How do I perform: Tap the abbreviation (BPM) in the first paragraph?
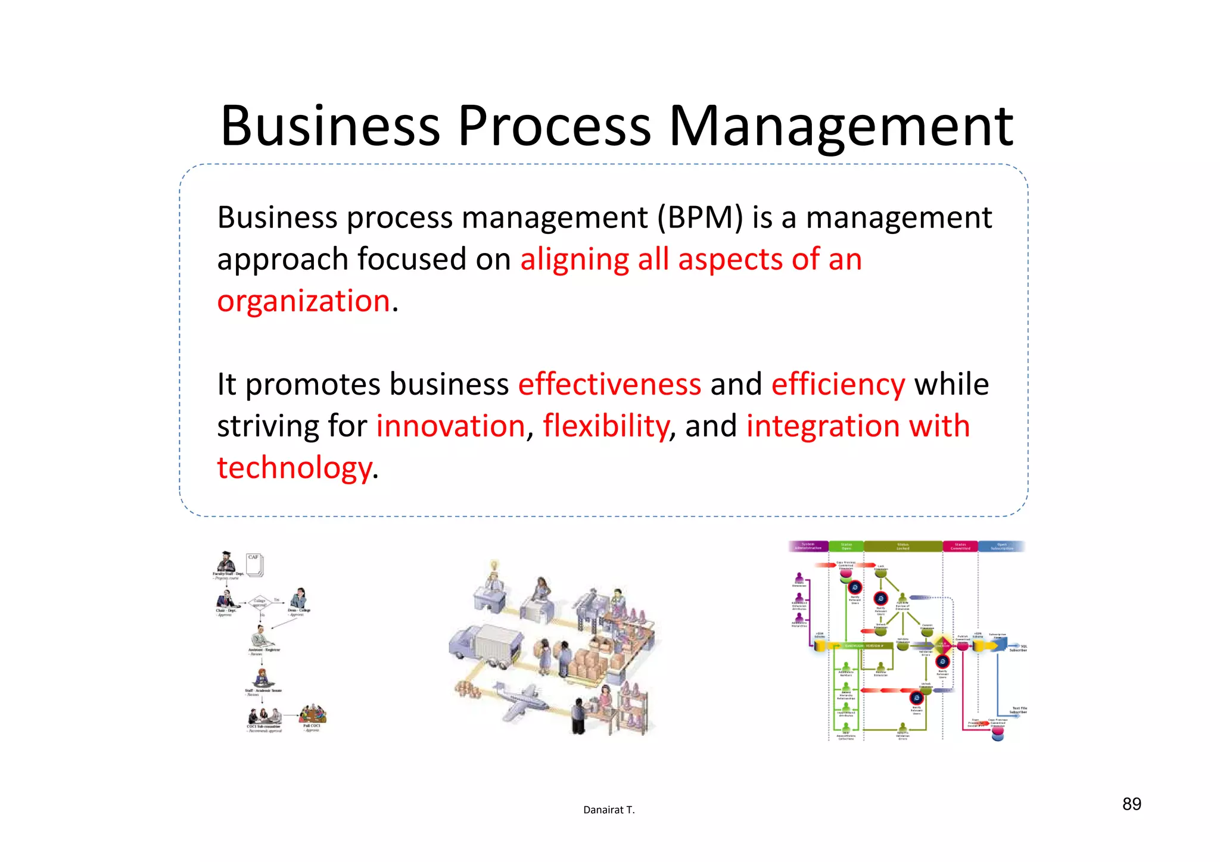pos(700,218)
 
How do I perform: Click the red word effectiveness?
pos(609,385)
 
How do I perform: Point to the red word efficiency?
pos(838,385)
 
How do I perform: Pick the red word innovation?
pos(450,426)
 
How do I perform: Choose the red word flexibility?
pos(606,426)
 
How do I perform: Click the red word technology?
pos(295,468)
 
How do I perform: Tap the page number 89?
pos(1131,804)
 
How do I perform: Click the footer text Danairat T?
pos(609,810)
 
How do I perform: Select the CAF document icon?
pos(254,564)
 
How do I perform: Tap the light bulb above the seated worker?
pos(493,565)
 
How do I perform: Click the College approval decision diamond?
pos(260,602)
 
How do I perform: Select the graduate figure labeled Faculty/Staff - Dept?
pos(226,561)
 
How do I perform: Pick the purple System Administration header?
pos(808,546)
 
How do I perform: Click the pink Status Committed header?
pos(960,546)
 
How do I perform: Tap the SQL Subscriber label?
pos(1019,648)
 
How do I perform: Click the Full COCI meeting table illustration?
pos(313,713)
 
